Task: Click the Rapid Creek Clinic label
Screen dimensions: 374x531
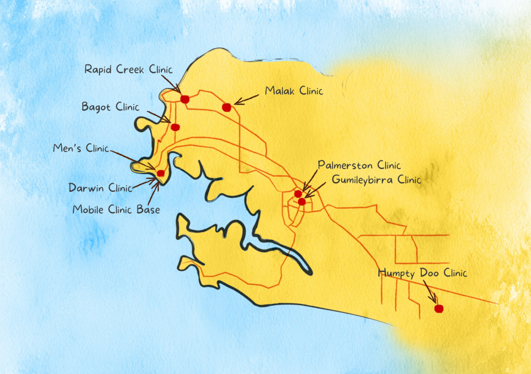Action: (x=128, y=70)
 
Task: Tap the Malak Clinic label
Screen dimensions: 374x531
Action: (x=294, y=91)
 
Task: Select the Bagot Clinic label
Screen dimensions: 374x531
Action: (x=110, y=107)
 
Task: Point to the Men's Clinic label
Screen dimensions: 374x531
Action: (x=81, y=148)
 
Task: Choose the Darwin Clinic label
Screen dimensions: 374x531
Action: (x=100, y=188)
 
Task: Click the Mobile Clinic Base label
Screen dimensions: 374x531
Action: (x=116, y=210)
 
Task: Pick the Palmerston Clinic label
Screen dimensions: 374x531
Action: (x=359, y=165)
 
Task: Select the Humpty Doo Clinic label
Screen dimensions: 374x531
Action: (x=423, y=273)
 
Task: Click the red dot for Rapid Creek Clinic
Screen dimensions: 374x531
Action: (x=185, y=99)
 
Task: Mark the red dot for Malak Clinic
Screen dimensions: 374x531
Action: (x=226, y=107)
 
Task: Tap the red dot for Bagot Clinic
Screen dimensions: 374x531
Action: (x=175, y=127)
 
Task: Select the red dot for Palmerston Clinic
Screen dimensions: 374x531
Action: (x=298, y=193)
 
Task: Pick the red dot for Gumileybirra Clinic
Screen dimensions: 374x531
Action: (x=302, y=201)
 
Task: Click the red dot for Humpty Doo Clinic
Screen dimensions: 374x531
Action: (x=439, y=309)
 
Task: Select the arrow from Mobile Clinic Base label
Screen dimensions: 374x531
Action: (x=152, y=192)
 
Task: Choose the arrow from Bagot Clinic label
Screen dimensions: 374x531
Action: (x=159, y=117)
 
